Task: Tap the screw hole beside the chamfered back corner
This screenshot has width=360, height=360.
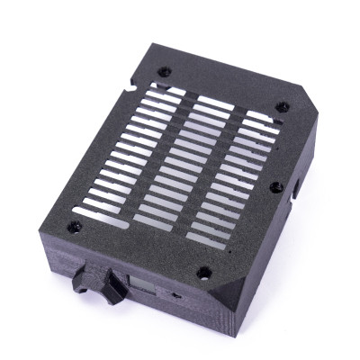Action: click(x=287, y=105)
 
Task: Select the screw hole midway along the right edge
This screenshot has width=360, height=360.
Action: click(x=276, y=186)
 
